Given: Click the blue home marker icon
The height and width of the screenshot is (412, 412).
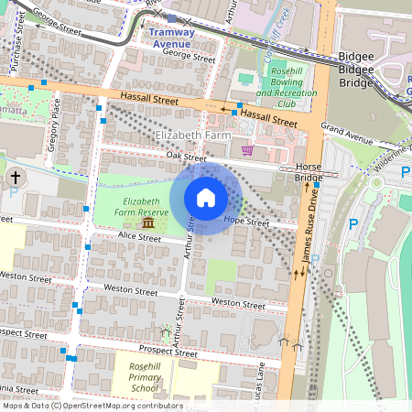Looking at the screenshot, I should pos(206,197).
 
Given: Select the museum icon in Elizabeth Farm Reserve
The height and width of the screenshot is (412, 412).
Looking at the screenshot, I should pos(147,223).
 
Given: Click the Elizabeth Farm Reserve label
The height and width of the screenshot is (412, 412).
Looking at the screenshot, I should pos(142,206).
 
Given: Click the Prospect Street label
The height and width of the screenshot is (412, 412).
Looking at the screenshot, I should pos(168,351).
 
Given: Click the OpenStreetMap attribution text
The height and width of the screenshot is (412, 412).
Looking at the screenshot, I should pos(92,406).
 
